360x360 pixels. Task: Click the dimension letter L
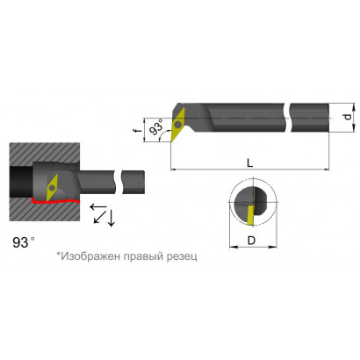point(249,162)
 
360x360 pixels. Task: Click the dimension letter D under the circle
point(251,241)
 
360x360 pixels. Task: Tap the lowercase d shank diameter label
point(348,117)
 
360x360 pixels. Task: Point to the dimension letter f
point(136,130)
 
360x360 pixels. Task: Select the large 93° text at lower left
point(24,242)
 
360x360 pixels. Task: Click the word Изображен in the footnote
point(91,256)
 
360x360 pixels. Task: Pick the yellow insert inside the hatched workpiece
point(52,188)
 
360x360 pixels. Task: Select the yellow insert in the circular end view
point(250,215)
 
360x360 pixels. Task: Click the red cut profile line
point(55,201)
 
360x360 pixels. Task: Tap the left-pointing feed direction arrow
point(98,207)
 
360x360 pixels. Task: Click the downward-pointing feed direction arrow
point(111,218)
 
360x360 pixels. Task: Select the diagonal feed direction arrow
point(100,217)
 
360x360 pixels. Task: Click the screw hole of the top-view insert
point(177,124)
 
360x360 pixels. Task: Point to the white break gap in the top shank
point(287,118)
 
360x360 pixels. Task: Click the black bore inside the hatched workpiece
point(21,182)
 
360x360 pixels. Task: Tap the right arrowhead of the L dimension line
point(327,169)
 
